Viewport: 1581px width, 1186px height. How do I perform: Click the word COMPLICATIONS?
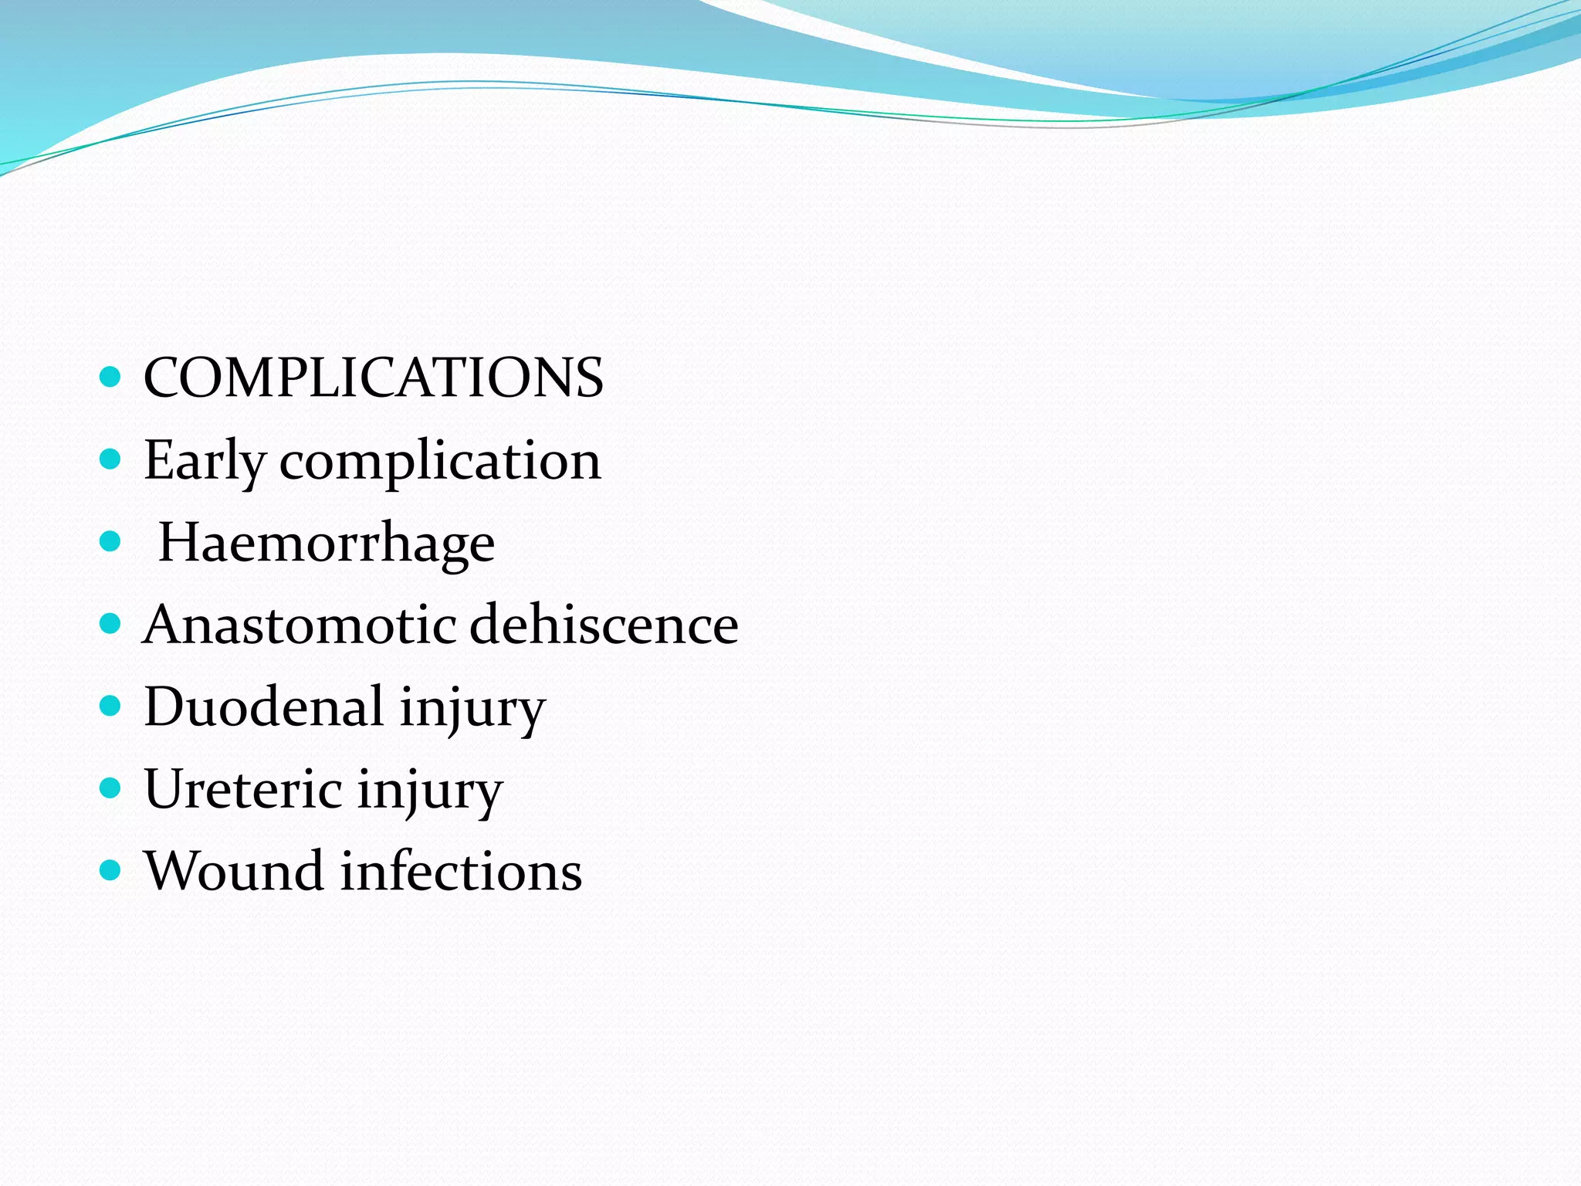tap(374, 378)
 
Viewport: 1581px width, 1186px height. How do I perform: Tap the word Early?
tap(205, 460)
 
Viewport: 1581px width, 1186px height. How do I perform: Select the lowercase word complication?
tap(440, 462)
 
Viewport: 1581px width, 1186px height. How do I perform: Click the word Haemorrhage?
tap(327, 543)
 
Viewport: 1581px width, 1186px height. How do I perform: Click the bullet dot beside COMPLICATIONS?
tap(111, 377)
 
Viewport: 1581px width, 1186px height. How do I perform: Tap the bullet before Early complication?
tap(111, 459)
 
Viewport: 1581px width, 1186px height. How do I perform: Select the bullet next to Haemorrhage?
tap(111, 541)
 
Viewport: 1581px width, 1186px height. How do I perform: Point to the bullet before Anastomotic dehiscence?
tap(111, 623)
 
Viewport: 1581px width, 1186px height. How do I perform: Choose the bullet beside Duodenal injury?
tap(111, 706)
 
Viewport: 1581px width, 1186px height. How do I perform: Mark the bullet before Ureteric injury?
tap(111, 788)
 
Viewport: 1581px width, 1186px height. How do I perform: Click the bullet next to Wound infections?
tap(111, 870)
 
